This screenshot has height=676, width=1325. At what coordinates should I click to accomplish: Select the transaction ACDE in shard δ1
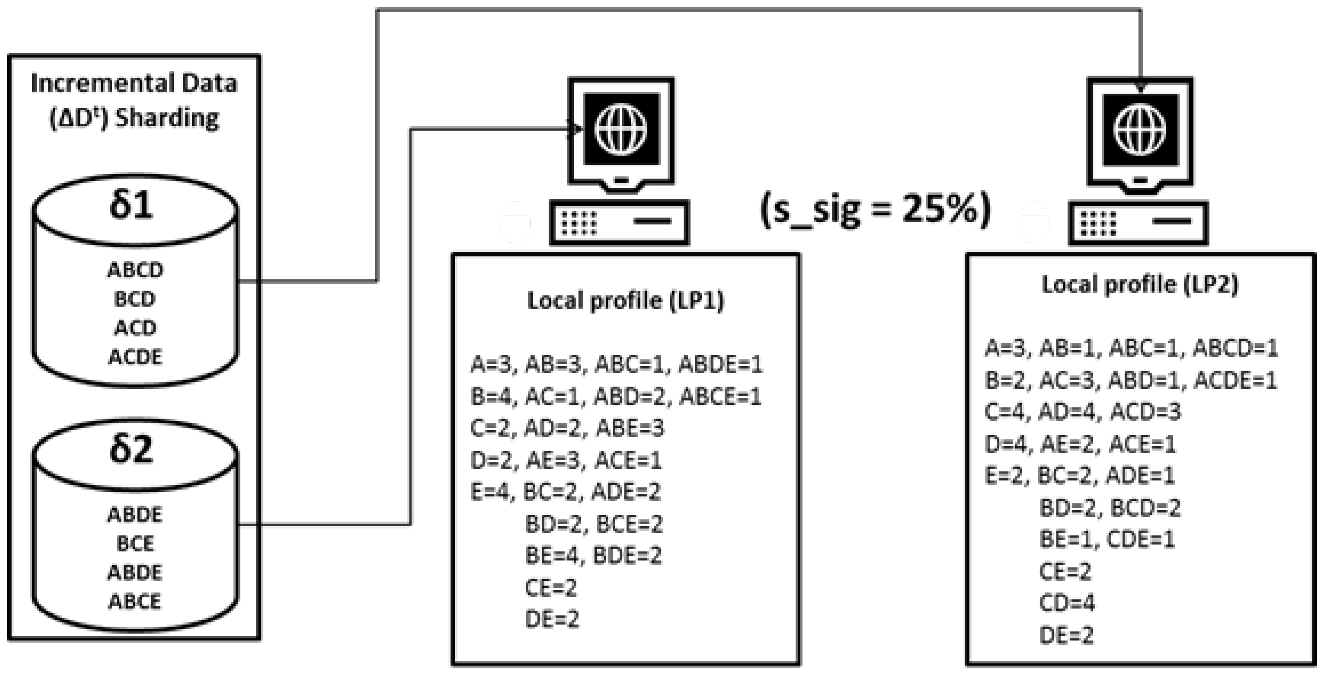(135, 356)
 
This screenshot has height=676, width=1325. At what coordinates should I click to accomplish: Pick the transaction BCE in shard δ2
(135, 543)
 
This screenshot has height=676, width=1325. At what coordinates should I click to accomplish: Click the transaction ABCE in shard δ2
(135, 601)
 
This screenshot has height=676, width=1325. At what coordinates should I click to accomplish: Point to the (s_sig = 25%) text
(876, 210)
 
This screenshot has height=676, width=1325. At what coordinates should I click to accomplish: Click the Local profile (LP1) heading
(625, 300)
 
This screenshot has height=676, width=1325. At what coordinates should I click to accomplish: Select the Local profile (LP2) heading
(1140, 284)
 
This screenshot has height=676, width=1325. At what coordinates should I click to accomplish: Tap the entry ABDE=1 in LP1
(720, 364)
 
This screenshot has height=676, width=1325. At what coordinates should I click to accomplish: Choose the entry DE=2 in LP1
(552, 619)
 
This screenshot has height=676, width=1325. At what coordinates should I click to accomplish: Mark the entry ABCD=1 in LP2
(1236, 348)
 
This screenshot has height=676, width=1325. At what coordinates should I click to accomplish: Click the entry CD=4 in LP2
(1067, 603)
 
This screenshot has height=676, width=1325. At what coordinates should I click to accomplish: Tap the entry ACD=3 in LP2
(1145, 411)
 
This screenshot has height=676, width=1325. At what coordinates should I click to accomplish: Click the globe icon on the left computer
(621, 129)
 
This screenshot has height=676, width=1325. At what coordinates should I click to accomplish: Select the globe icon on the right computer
(1140, 130)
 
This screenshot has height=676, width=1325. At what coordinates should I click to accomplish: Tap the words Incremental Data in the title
(134, 83)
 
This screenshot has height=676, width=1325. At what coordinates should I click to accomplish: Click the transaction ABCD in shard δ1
(135, 269)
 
